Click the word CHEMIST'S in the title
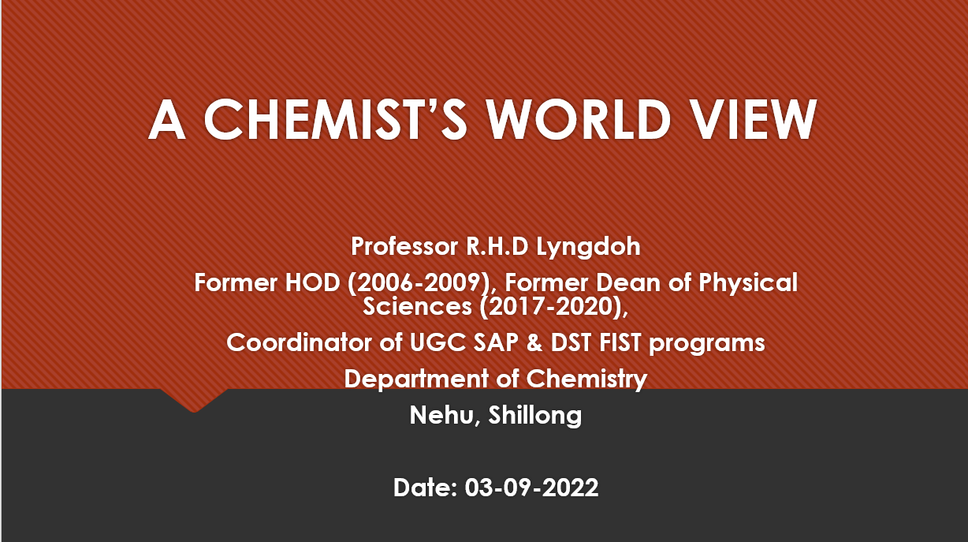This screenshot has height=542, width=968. coord(335,119)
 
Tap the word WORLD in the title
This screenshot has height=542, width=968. coord(579,119)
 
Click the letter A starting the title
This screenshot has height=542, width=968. coord(167,119)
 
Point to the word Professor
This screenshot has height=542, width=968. coord(404,246)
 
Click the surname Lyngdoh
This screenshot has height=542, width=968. coord(588,247)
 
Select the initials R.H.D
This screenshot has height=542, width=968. coord(497,246)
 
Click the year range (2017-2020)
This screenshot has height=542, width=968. coord(553,307)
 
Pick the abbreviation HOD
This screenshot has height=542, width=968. coord(312,283)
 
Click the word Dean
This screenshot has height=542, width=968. coord(629,283)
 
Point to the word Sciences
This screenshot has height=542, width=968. coord(417,307)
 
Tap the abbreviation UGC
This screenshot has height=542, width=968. coord(437,342)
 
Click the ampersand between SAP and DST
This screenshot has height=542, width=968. coord(534,342)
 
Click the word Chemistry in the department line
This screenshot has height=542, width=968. coord(586,379)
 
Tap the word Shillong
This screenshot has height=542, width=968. coord(535,416)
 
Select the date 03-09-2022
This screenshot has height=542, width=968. coord(531,488)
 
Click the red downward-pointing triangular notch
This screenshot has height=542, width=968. coord(194,400)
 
